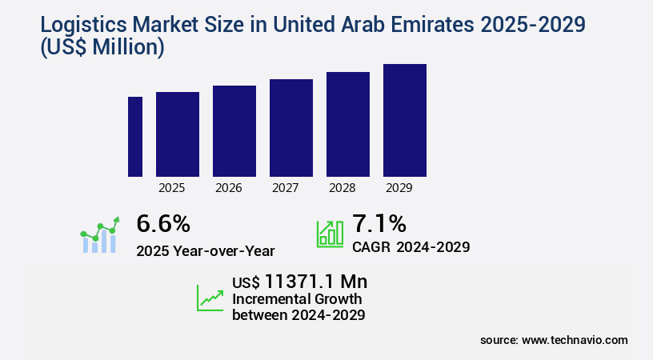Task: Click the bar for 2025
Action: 178,134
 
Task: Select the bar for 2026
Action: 234,131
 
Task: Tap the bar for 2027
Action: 291,128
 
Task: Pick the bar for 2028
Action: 348,124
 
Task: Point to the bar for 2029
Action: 405,120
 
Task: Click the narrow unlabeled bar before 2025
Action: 135,137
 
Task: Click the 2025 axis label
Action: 172,188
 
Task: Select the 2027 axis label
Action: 286,188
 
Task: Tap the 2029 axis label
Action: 399,188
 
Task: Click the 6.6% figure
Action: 163,223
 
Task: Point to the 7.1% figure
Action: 379,223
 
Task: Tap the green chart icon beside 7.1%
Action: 330,233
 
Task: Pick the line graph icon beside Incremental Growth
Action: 210,298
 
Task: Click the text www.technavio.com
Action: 575,340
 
